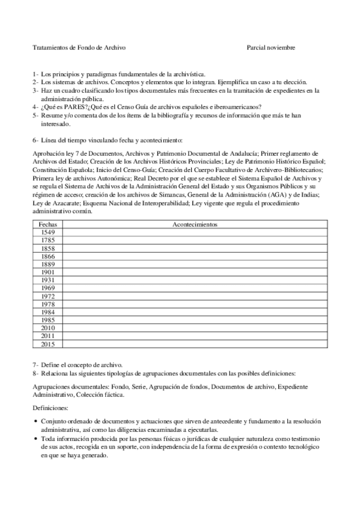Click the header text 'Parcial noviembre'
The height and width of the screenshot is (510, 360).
click(271, 47)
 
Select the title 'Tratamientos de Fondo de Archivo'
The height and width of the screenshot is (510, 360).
click(79, 47)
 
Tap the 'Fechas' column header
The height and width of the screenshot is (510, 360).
click(48, 224)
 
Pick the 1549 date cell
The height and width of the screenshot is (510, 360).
click(48, 232)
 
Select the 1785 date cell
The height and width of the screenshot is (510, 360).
click(48, 240)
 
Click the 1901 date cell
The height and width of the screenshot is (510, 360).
click(48, 272)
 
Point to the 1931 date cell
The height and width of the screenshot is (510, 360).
click(48, 280)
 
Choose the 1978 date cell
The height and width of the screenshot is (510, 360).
click(48, 304)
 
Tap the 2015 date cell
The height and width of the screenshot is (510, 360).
click(48, 345)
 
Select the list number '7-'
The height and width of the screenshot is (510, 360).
click(35, 364)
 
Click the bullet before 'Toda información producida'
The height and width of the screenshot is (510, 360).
click(36, 440)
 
